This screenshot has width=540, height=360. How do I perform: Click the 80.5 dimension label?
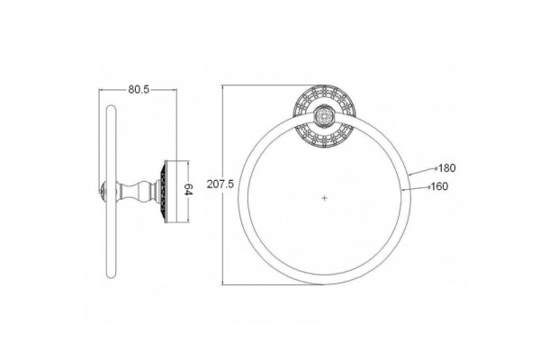[139, 90]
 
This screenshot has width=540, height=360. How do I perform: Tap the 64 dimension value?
[188, 190]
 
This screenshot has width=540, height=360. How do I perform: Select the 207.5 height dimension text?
[220, 184]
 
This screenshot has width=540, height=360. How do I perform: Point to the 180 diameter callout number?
[447, 168]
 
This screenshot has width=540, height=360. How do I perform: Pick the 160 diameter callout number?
[440, 186]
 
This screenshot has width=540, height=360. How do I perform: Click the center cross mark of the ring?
[325, 198]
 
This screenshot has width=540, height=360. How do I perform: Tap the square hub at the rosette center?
[324, 116]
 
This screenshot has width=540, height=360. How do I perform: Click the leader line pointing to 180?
[423, 172]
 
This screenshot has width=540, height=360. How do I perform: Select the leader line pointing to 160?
[416, 188]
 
